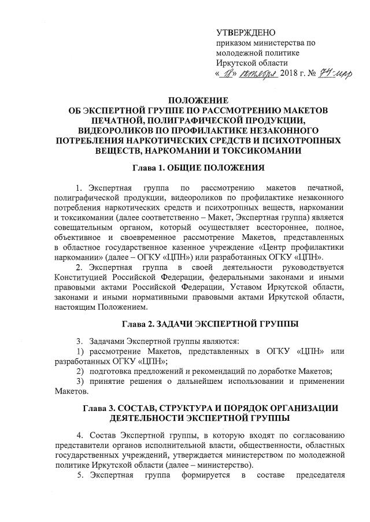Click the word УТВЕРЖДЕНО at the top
[246, 32]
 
